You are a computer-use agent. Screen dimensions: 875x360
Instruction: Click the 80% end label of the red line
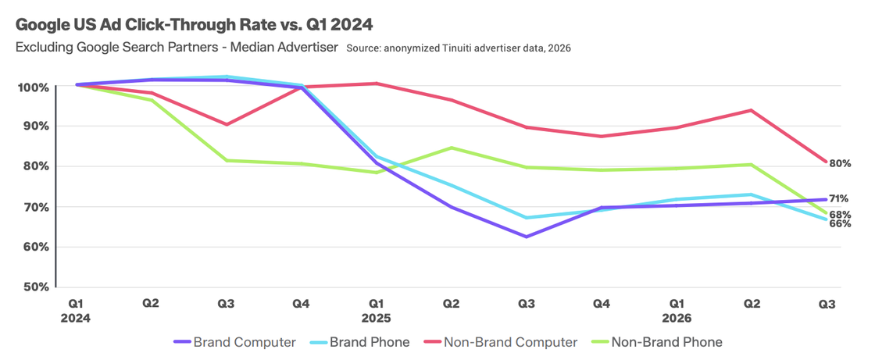coord(840,163)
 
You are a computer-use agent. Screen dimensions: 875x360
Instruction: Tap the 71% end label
coord(840,198)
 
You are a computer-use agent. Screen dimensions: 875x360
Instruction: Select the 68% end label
coord(840,214)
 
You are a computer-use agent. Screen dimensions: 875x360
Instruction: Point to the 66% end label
coord(840,224)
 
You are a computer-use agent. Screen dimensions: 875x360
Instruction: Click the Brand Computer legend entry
coord(234,342)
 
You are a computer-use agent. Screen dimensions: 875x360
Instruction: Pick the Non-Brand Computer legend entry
coord(500,342)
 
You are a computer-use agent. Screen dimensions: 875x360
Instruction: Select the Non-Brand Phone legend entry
coord(657,342)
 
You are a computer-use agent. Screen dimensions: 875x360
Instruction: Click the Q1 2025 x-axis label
coord(376,311)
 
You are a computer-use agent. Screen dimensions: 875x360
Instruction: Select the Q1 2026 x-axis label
coord(677,311)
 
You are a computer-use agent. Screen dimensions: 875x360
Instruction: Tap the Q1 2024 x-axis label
coord(77,311)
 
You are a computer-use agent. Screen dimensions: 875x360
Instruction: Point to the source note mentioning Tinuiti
coord(458,48)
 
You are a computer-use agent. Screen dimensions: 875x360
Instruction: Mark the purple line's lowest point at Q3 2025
coord(526,237)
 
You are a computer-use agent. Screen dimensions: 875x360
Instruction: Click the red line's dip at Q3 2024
coord(226,124)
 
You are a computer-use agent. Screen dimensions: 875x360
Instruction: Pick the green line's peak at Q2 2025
coord(451,148)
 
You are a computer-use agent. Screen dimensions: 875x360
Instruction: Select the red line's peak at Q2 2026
coord(752,111)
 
